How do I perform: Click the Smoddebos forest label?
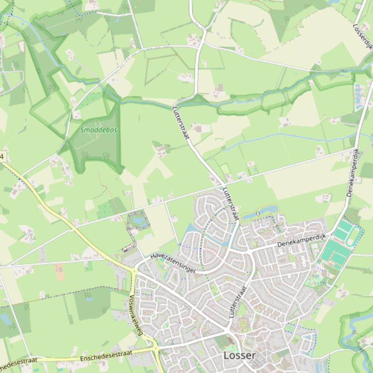[99, 130]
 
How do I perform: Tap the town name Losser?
[239, 356]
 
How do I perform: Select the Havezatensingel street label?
[172, 262]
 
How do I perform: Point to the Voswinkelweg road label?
[136, 315]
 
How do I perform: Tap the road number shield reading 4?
[2, 156]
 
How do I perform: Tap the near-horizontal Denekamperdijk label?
[302, 240]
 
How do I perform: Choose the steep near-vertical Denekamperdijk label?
[353, 173]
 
